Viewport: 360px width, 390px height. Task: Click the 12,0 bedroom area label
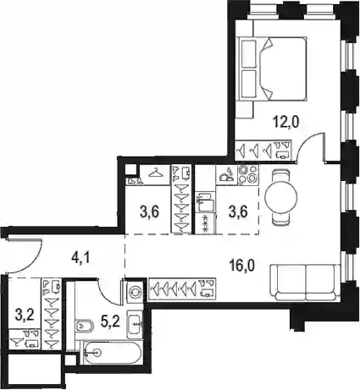point(285,123)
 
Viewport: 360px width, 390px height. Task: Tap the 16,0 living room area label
point(242,266)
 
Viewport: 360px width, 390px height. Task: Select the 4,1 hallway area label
point(80,258)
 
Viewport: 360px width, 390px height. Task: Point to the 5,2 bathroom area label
point(110,321)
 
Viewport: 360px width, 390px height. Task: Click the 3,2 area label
point(25,315)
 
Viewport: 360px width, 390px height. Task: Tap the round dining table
point(281,197)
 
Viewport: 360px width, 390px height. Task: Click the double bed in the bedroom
point(272,69)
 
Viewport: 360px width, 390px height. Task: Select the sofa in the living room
point(306,283)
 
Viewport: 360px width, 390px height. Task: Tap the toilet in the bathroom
point(84,327)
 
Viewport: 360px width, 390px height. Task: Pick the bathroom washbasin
point(136,324)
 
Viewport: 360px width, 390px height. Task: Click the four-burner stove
point(248,175)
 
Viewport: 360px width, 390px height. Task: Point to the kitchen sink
point(205,201)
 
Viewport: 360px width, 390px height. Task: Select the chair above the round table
point(281,175)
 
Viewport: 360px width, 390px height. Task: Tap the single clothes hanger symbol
point(155,173)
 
